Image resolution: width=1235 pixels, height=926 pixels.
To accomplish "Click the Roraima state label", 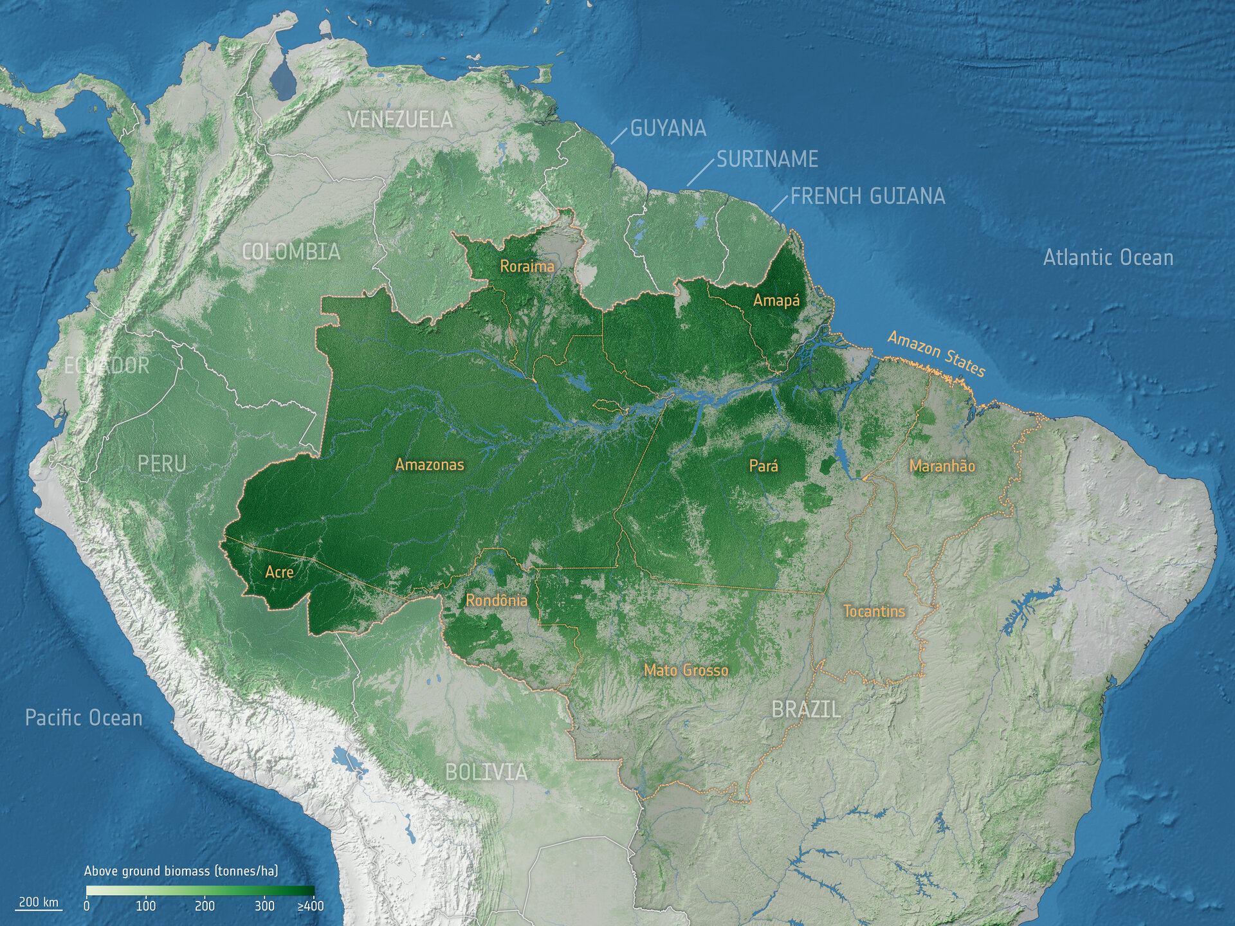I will pos(527,266).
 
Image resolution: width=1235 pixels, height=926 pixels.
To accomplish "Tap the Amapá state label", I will pos(776,300).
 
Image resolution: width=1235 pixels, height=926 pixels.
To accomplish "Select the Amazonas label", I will pos(429,464).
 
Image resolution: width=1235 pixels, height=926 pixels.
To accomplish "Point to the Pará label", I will pos(764,466).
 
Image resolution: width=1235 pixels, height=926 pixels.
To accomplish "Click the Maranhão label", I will pos(942,466).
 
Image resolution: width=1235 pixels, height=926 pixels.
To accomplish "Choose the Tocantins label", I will pos(874,611).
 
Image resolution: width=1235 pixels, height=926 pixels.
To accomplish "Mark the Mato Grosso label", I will pos(686,670).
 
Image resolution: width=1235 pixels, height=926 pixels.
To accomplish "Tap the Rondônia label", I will pos(496,601).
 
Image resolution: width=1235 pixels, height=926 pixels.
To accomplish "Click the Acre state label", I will pos(279,572).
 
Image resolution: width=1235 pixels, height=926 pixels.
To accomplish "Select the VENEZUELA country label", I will pos(400,120).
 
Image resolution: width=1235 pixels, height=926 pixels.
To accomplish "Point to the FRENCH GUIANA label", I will pos(867,196).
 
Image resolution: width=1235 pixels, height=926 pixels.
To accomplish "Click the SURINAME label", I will pos(767,159).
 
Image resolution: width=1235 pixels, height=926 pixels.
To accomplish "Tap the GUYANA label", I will pos(668,129).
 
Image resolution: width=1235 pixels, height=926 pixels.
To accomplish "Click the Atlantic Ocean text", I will pos(1108,258).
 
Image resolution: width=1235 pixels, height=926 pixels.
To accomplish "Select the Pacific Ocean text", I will pos(84,718).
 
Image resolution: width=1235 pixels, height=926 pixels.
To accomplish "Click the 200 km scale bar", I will pos(39,903).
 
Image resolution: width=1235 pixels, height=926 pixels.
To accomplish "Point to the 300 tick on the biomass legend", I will pos(264,906).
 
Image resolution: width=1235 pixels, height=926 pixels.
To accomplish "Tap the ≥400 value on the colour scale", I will pos(311,906).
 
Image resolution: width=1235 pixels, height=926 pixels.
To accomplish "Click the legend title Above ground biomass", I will pos(181,871).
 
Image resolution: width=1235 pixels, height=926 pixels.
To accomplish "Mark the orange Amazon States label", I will pos(936,354).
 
